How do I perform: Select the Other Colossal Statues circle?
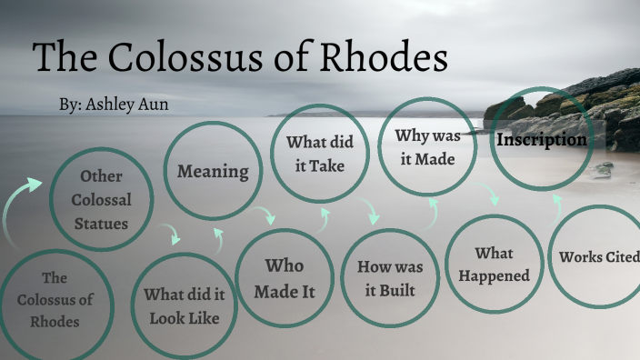(x=100, y=199)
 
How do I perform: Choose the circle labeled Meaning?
(x=213, y=171)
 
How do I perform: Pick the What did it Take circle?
(x=320, y=153)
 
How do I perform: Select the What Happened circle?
(x=494, y=264)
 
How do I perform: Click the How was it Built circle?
(x=390, y=278)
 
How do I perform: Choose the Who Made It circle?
(x=284, y=278)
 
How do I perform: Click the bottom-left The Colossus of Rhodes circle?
(x=55, y=299)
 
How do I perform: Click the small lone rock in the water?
(x=604, y=169)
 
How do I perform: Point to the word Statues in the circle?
(x=100, y=222)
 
